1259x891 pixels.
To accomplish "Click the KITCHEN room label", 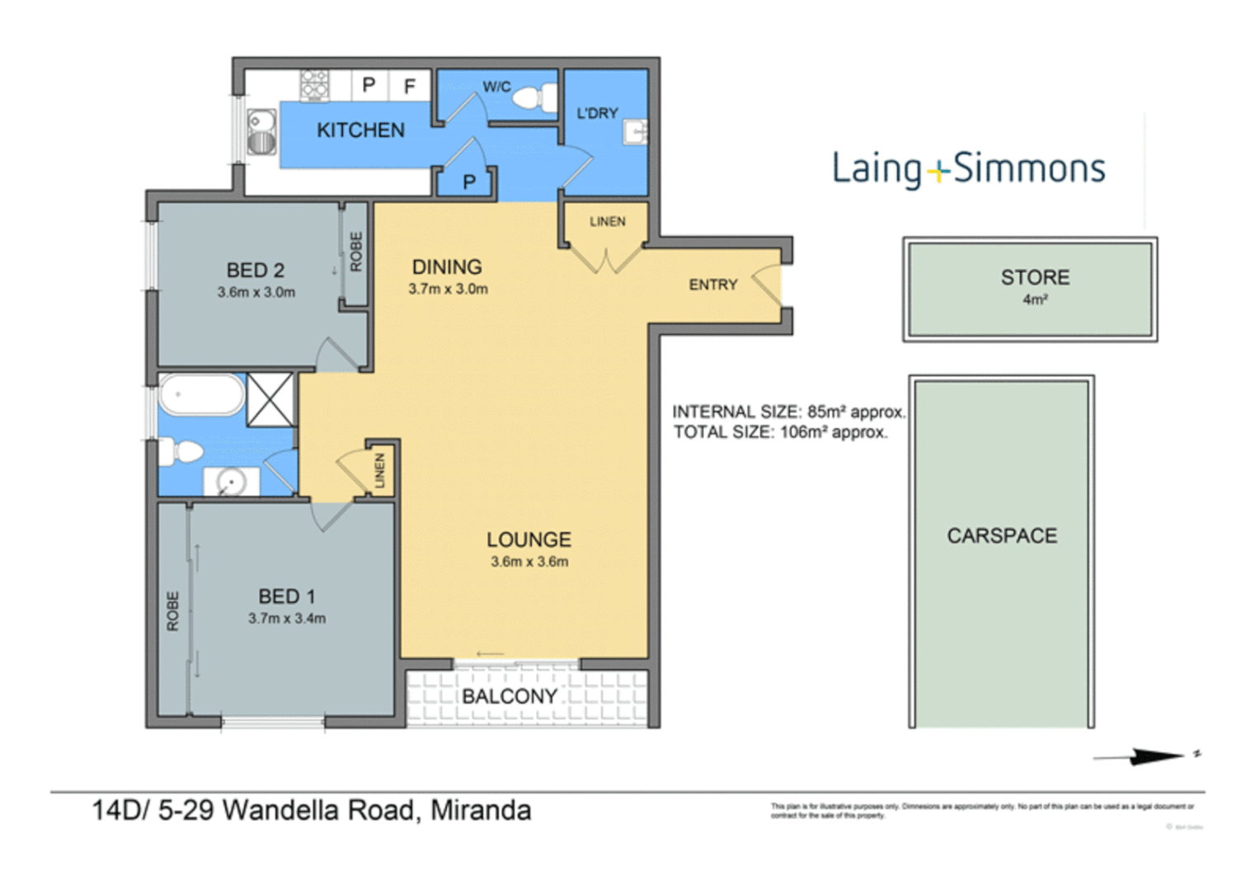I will [x=360, y=130].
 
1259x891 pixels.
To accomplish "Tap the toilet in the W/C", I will [x=532, y=98].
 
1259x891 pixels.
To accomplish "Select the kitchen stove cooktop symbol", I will [x=314, y=85].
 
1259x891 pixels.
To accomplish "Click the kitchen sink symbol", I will [x=261, y=132].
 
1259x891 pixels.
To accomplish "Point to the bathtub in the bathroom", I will [x=201, y=396].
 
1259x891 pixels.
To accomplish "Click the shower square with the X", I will [x=270, y=399].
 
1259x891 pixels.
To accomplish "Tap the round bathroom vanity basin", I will [x=230, y=481].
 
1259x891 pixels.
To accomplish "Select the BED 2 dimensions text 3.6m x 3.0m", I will [x=256, y=292].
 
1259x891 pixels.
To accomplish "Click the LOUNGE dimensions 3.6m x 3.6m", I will [x=529, y=562].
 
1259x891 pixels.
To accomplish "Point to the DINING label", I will [x=447, y=267].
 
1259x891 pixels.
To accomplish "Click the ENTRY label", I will [x=713, y=285].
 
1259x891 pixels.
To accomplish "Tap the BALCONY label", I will [x=510, y=696].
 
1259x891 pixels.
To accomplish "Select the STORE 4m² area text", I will [x=1035, y=300].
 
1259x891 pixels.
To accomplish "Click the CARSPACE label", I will [x=1002, y=536].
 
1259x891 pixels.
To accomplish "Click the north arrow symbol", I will [x=1146, y=756].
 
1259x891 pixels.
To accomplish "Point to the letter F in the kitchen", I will [x=409, y=85].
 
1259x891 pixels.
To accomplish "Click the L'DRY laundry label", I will [x=597, y=113].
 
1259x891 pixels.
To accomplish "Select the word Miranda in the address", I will [x=481, y=810].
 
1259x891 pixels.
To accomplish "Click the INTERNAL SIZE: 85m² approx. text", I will [x=788, y=412].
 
